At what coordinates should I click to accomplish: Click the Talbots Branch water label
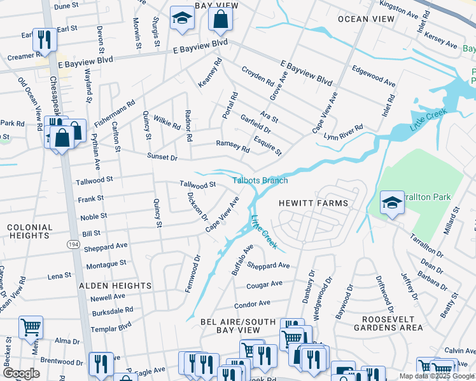(x=260, y=180)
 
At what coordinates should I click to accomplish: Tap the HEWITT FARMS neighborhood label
(x=314, y=203)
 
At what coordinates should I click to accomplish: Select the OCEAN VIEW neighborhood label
(x=361, y=19)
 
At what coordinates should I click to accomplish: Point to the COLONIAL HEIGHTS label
(x=30, y=231)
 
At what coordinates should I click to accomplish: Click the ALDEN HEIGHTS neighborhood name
(x=115, y=286)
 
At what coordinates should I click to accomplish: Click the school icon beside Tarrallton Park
(x=392, y=203)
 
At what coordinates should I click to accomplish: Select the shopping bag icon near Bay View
(x=220, y=20)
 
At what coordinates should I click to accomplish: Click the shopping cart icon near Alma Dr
(x=31, y=328)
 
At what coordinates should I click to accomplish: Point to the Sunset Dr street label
(x=162, y=156)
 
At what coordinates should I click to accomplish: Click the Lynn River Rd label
(x=343, y=132)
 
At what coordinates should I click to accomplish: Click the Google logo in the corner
(x=21, y=373)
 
